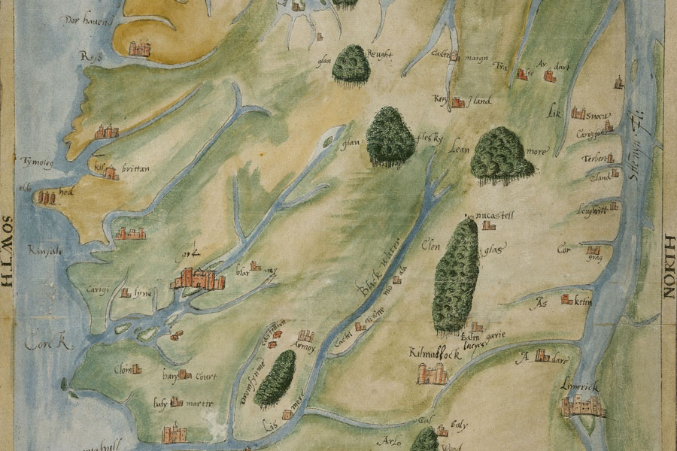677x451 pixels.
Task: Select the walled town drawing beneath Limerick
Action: [x=583, y=406]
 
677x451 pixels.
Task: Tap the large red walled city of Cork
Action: [x=198, y=279]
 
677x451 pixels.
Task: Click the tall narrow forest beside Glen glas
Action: [x=455, y=274]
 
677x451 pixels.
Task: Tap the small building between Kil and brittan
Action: [x=111, y=173]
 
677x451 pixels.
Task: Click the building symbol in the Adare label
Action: [x=539, y=358]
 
